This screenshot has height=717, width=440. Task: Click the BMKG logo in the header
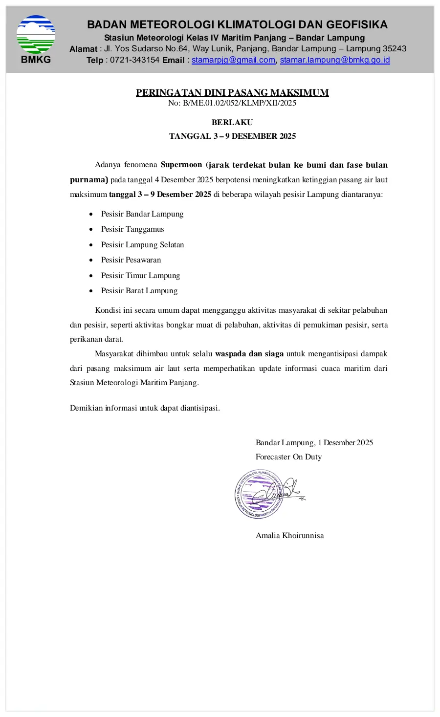[36, 35]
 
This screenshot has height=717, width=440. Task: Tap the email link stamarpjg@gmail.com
[233, 60]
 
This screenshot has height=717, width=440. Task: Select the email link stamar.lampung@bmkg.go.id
[335, 60]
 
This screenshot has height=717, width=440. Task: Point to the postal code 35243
[394, 49]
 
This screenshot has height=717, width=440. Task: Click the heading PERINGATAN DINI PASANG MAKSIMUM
[232, 92]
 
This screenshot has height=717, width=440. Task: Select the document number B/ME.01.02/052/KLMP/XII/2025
[240, 103]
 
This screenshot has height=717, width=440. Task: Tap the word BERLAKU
[232, 122]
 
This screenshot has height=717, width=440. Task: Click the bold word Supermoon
[181, 165]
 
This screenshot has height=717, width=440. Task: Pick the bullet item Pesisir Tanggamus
[132, 229]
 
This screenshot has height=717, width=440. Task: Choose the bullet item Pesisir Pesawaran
[131, 260]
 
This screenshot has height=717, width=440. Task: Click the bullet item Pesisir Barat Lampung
[139, 291]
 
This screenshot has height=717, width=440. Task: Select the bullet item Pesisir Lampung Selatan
[142, 245]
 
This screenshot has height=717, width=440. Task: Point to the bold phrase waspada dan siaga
[249, 353]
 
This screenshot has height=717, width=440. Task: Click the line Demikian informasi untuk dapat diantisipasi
[145, 408]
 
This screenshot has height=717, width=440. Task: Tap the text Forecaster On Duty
[288, 457]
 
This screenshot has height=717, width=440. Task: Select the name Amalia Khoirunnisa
[289, 535]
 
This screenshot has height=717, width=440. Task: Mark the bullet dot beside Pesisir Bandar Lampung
[91, 214]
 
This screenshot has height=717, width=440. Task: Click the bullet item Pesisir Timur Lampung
[140, 276]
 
